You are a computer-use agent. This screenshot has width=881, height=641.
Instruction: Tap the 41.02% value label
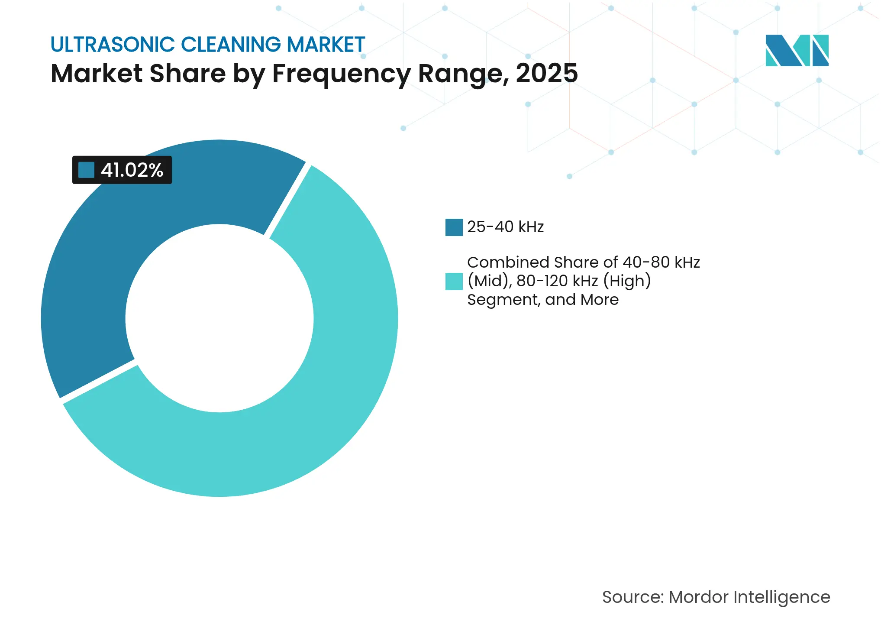pos(132,170)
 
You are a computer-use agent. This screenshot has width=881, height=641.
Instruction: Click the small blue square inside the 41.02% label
pos(86,170)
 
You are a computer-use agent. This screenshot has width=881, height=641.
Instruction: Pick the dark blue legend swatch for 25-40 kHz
pos(454,227)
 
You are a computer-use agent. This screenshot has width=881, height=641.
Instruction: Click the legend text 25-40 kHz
pos(505,227)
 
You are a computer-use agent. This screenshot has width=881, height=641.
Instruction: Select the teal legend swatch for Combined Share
pos(454,281)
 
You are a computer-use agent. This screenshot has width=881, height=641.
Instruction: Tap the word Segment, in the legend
pos(503,300)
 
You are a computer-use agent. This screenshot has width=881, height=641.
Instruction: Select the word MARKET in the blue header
pos(326,45)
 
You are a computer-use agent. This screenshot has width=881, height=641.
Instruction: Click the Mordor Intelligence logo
pos(797,50)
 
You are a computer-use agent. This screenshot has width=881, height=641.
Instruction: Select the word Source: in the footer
pos(633,597)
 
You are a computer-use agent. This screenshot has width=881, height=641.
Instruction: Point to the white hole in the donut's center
pos(219,318)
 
